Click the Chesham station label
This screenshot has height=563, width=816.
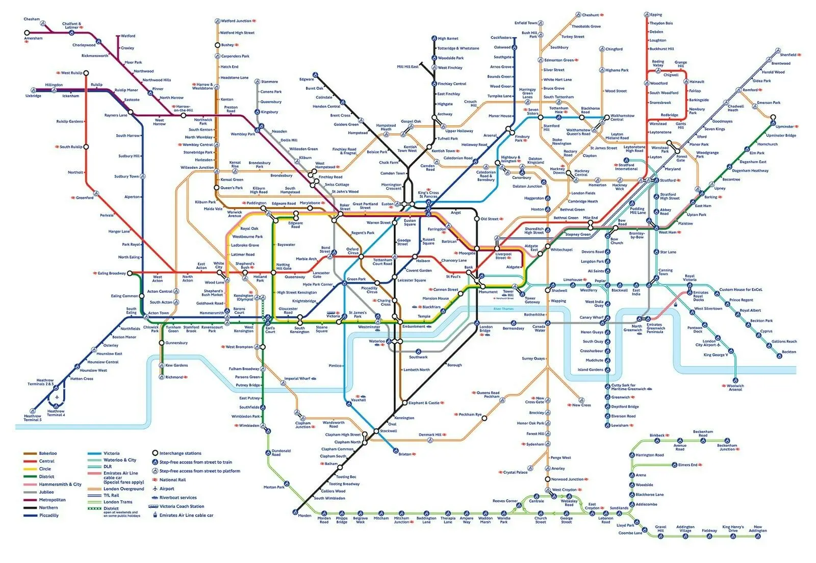31,19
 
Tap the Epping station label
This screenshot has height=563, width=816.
656,15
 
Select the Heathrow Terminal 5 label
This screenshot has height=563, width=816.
33,418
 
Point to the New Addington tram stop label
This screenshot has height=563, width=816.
757,529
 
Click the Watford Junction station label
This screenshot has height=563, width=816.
236,21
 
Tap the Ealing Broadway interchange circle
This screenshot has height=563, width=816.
130,273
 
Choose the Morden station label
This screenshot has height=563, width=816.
304,516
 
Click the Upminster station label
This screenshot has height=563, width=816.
784,126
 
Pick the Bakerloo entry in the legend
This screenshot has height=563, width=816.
48,453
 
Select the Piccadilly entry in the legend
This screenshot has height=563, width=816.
49,516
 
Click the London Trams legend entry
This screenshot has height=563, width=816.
118,502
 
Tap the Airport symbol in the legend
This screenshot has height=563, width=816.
155,489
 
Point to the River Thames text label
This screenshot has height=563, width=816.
503,309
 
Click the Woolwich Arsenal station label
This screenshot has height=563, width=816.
735,388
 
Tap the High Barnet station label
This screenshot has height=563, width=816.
448,38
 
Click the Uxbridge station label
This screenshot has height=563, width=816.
33,96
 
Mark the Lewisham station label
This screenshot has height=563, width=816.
620,425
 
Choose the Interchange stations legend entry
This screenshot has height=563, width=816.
180,453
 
